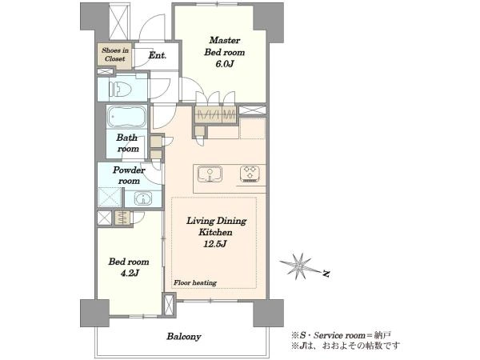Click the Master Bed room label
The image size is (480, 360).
224,46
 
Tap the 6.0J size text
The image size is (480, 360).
225,64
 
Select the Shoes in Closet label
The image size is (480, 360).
114,54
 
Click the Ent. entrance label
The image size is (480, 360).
158,55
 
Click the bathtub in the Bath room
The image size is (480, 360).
126,117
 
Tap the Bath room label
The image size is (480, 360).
127,143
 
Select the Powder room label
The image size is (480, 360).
129,175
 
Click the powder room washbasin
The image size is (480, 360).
142,198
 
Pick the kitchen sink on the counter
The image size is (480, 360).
210,174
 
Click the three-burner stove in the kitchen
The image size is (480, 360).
250,173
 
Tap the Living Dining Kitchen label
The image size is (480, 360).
216,226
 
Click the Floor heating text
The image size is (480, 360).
195,283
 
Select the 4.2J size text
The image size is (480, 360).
129,273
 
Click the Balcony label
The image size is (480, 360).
184,337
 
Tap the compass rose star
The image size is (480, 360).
298,266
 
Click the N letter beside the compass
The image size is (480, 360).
326,273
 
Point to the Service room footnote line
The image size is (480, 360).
342,335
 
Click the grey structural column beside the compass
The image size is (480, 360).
268,313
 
